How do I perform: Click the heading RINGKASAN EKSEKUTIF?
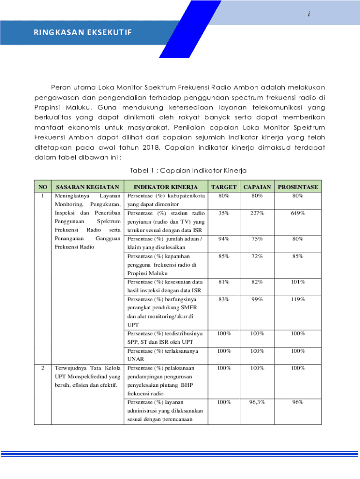pyautogui.click(x=82, y=32)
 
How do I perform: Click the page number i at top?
pyautogui.click(x=309, y=15)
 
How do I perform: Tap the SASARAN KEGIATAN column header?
pyautogui.click(x=87, y=187)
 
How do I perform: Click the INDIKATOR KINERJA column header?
pyautogui.click(x=166, y=187)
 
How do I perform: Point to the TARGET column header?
pyautogui.click(x=223, y=187)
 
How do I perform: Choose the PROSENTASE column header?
pyautogui.click(x=298, y=187)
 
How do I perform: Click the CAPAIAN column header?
pyautogui.click(x=257, y=187)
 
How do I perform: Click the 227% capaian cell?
pyautogui.click(x=257, y=213)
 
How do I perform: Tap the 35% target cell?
pyautogui.click(x=223, y=213)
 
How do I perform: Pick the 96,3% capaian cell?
pyautogui.click(x=257, y=402)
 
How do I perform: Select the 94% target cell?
pyautogui.click(x=223, y=239)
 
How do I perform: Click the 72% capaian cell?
pyautogui.click(x=257, y=256)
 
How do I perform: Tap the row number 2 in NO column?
pyautogui.click(x=43, y=368)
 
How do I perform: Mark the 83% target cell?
pyautogui.click(x=223, y=299)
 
